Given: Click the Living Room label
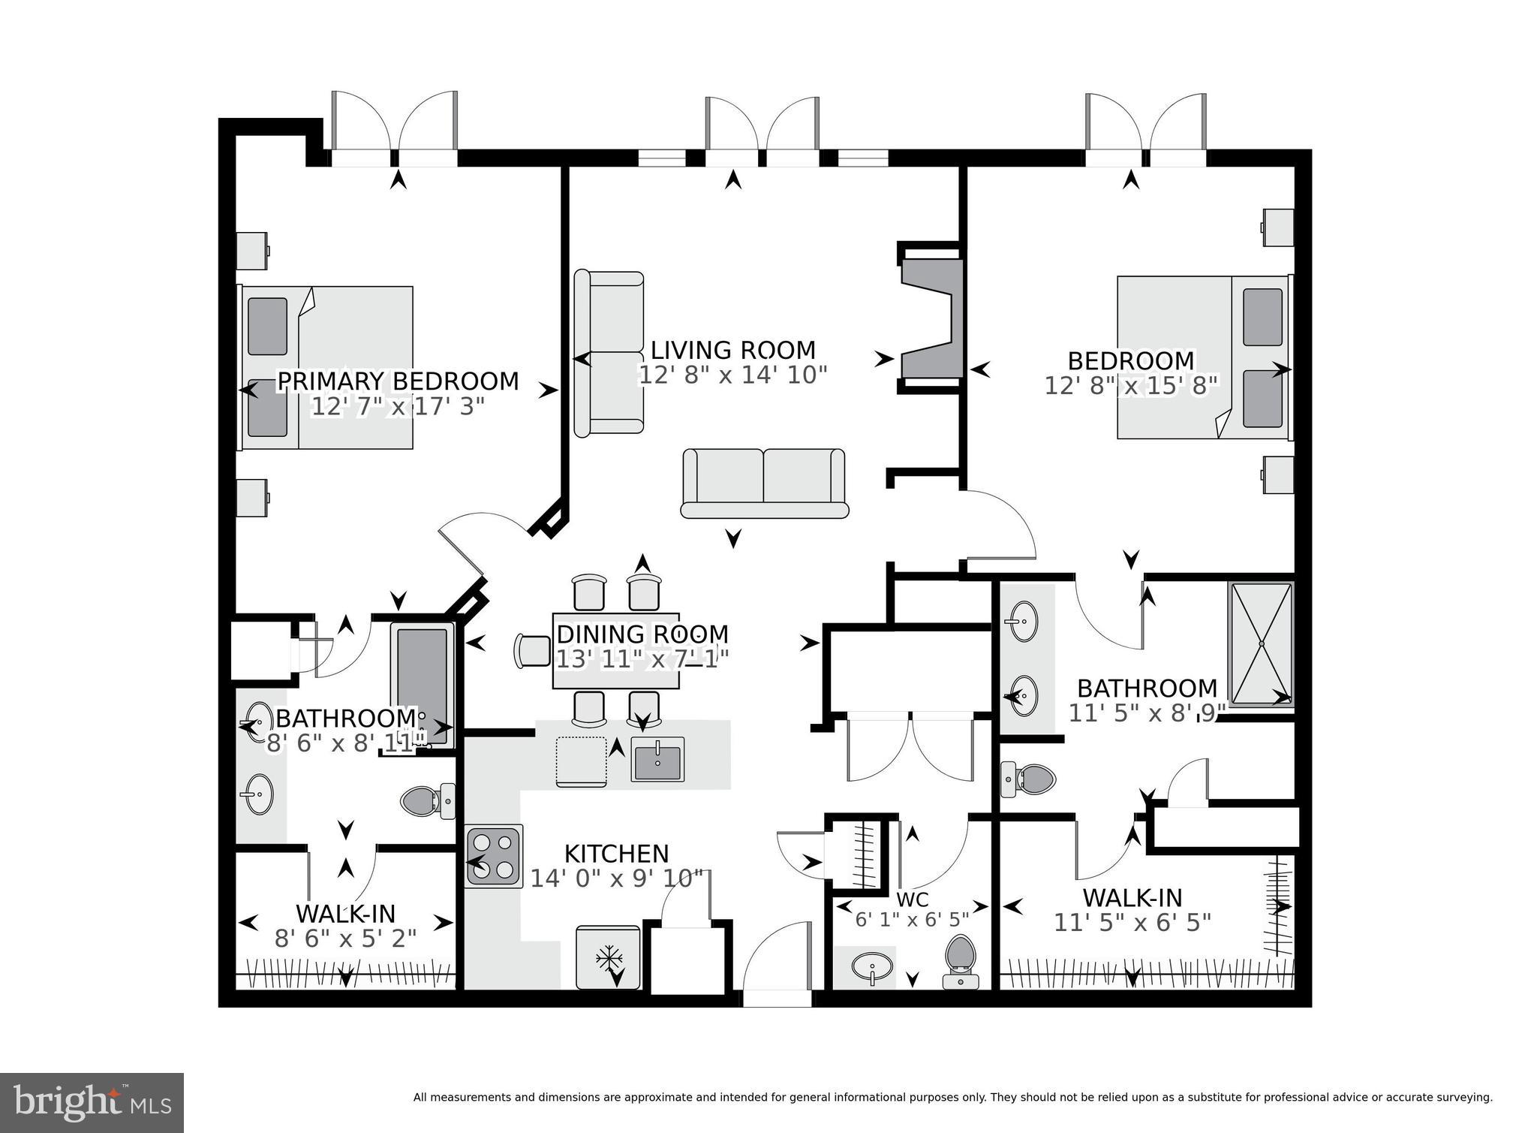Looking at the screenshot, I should coord(732,351).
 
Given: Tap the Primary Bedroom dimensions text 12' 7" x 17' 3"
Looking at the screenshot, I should coord(397,407).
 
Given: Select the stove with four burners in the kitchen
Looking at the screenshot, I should coord(494,857).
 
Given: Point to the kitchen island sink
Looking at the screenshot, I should coord(657,759).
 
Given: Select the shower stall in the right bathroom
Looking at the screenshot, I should coord(1261,644).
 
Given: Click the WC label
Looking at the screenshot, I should coord(913,899).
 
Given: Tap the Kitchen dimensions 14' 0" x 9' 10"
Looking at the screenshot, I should coord(617,878).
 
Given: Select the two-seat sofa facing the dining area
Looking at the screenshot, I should coord(764,483).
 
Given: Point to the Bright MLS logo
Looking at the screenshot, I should coord(92,1103).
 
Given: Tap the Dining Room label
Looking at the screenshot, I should coord(642,634).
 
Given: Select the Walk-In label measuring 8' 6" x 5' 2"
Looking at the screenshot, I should coord(345,914).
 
